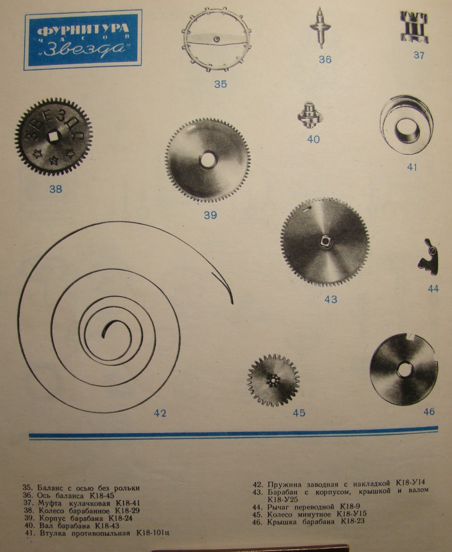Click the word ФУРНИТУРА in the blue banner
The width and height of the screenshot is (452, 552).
tap(83, 30)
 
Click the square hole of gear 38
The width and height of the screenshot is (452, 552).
tap(54, 137)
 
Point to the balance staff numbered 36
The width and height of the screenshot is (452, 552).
tap(320, 28)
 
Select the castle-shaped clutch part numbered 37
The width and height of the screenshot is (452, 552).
tap(414, 27)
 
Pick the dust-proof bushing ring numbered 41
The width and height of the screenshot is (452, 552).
tap(406, 124)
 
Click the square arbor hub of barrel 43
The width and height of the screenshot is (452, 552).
tap(325, 242)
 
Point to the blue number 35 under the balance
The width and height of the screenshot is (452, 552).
tap(220, 84)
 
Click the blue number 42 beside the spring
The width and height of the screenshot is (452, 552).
tap(160, 413)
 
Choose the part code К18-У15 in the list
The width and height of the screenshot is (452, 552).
tap(352, 514)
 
